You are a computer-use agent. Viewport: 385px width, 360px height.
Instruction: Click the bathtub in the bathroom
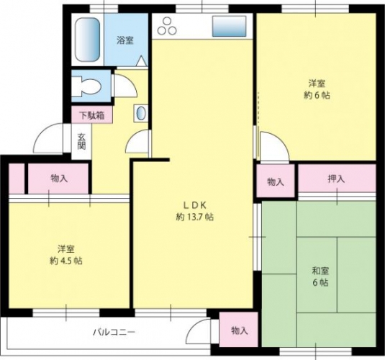point(87,40)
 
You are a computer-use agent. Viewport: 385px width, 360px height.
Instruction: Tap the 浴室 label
point(125,40)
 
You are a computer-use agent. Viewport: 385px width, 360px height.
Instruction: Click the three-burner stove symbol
point(167,27)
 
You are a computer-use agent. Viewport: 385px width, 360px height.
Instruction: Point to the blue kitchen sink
point(230,27)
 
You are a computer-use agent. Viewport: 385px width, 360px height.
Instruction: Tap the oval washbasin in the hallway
point(141,114)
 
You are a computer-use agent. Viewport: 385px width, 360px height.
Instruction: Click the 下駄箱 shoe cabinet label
point(92,115)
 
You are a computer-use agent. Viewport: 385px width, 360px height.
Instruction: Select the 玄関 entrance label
point(81,141)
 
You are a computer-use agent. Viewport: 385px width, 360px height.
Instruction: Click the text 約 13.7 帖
point(195,217)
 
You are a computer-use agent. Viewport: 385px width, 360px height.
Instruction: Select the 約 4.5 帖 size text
point(66,261)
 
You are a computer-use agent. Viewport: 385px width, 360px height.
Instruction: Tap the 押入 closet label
point(336,179)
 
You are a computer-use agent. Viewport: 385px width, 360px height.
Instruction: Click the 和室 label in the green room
point(320,271)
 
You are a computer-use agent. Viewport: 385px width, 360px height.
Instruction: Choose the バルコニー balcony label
point(114,333)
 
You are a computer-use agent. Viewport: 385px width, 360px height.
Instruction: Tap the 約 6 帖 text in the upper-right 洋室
point(317,95)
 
